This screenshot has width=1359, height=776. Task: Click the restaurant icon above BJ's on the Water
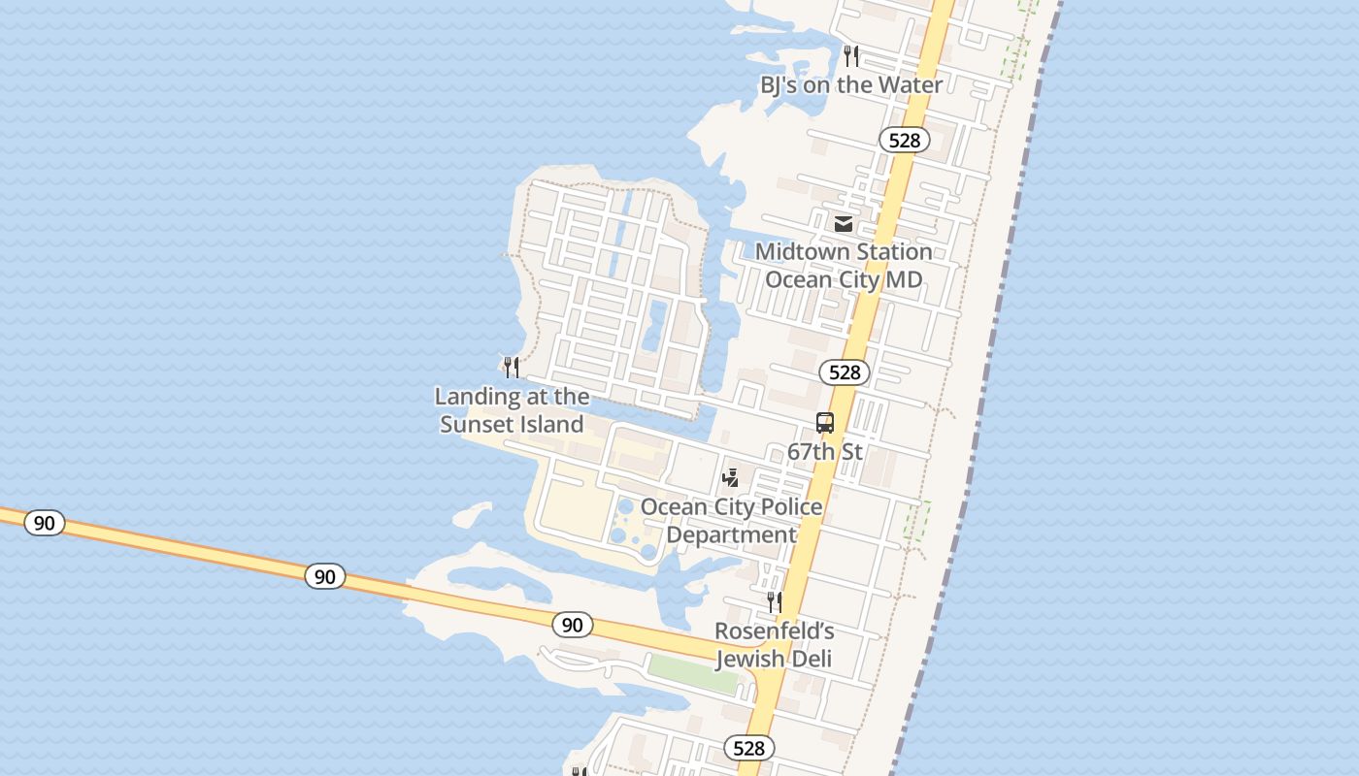[x=851, y=55]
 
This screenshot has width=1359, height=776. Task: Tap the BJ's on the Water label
[x=850, y=85]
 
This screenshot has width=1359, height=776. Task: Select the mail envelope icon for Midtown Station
[x=844, y=224]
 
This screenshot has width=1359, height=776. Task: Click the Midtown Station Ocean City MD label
[x=844, y=266]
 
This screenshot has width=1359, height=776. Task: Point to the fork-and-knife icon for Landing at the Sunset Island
[x=512, y=368]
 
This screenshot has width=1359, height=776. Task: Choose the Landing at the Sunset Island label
[x=512, y=410]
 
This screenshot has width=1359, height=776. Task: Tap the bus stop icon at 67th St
[x=825, y=423]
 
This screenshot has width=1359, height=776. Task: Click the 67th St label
[x=825, y=452]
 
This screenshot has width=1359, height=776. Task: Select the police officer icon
[x=731, y=477]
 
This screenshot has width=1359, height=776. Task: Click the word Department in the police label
[x=731, y=535]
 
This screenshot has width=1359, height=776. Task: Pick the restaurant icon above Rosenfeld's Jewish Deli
[x=774, y=602]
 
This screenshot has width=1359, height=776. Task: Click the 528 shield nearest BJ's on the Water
[x=904, y=141]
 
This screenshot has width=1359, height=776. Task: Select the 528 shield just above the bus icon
[x=845, y=372]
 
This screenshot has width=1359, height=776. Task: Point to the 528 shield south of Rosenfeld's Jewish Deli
[x=748, y=748]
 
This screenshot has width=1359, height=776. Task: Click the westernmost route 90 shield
[x=44, y=524]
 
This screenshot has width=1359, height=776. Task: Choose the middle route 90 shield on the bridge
[x=324, y=577]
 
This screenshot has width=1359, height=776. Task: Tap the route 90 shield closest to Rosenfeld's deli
[x=572, y=625]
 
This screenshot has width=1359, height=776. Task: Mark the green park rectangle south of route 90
[x=693, y=673]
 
